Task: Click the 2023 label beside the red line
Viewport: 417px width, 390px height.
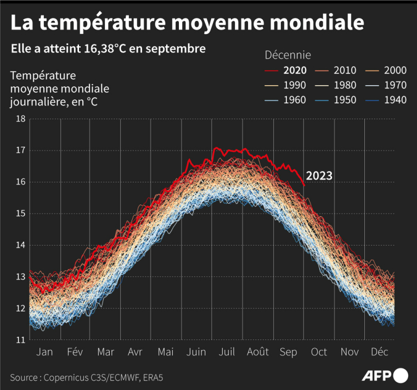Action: [x=319, y=176]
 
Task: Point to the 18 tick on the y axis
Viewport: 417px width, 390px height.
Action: [x=21, y=119]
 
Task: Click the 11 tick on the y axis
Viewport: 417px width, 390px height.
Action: [x=21, y=340]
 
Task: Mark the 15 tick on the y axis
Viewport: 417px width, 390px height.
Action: [x=21, y=214]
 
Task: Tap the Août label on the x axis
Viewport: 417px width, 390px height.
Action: [x=257, y=352]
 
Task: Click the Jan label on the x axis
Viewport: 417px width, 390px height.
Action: [x=44, y=352]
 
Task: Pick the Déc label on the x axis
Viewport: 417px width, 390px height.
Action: [x=380, y=352]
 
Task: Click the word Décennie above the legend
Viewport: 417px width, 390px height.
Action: [x=288, y=55]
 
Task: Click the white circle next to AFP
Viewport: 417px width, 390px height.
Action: [x=402, y=376]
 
